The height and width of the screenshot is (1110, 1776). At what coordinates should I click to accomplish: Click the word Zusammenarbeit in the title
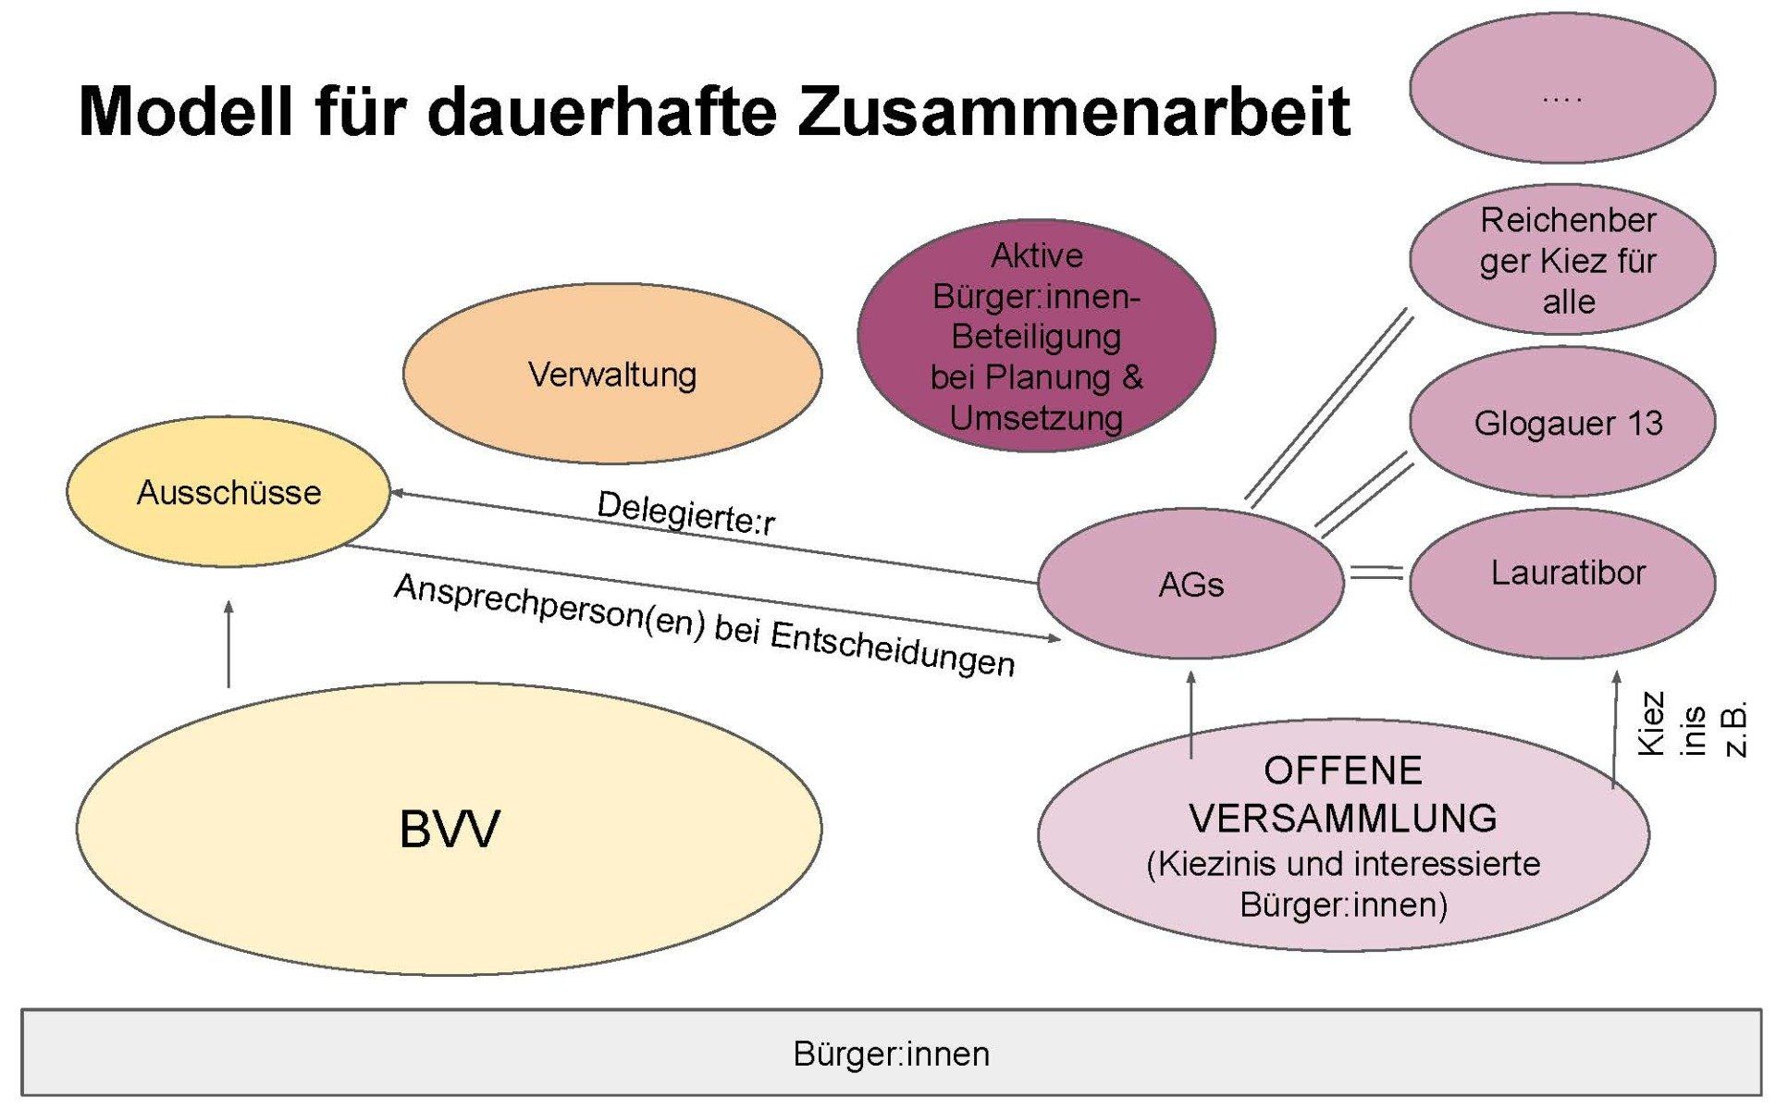pos(1073,111)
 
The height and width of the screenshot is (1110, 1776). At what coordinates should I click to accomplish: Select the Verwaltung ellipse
pos(611,374)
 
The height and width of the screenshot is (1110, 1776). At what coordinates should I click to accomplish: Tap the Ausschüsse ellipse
pos(228,491)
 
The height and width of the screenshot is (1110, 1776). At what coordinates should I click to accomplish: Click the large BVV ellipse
pos(450,828)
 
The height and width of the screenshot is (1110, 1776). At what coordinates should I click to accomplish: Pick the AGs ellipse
pos(1190,584)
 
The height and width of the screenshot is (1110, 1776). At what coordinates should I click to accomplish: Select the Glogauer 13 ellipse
pos(1563,423)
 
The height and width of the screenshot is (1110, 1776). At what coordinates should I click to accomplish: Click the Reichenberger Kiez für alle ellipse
pos(1563,260)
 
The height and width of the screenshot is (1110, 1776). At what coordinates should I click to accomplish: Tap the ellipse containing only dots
pos(1562,89)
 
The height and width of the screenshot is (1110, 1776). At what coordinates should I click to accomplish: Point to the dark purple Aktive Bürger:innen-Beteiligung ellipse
pos(1036,336)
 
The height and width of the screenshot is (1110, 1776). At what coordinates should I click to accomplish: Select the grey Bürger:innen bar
pos(891,1054)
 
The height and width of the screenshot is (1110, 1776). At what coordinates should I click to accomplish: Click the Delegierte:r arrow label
pos(685,513)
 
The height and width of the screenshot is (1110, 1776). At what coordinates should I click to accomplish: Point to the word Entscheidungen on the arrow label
pos(893,647)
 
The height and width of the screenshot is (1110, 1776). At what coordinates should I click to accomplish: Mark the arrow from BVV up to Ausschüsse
pos(228,644)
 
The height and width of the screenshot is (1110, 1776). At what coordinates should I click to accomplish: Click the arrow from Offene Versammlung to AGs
pos(1191,714)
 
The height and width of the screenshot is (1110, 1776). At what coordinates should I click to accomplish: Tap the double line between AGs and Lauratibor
pos(1376,573)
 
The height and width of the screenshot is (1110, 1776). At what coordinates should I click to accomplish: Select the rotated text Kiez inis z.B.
pos(1692,725)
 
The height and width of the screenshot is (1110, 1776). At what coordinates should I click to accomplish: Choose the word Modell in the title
pos(185,111)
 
